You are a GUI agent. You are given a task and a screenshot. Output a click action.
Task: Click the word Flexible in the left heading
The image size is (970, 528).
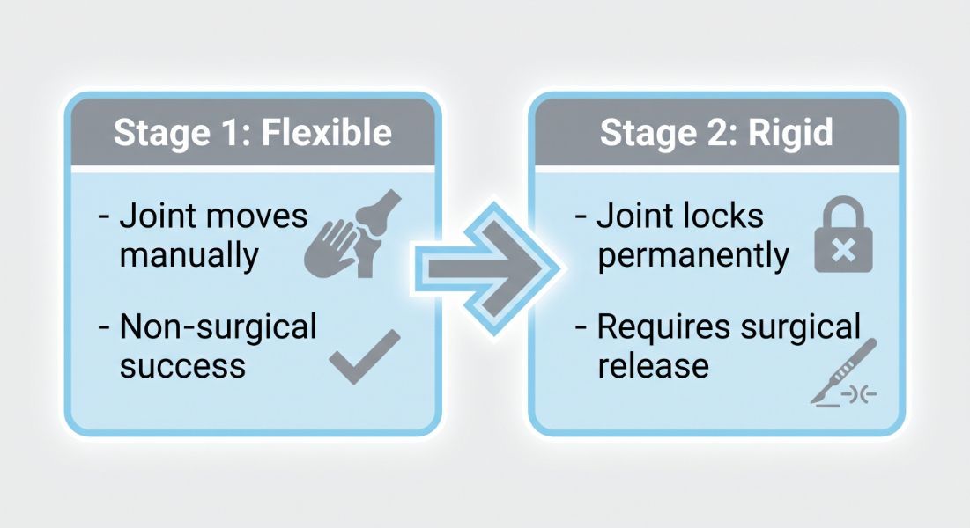327,132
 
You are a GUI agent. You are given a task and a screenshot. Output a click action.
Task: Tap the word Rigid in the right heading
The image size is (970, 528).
790,133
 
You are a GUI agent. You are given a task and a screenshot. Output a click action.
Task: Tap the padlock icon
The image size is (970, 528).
843,234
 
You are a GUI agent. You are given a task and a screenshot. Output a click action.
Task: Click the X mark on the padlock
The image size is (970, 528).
843,250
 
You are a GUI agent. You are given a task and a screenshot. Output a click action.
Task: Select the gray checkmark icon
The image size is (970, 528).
365,356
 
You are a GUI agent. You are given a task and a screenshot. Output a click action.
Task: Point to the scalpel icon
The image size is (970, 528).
843,372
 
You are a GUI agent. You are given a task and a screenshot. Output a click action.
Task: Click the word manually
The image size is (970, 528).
189,255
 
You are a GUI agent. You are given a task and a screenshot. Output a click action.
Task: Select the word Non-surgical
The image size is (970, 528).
218,326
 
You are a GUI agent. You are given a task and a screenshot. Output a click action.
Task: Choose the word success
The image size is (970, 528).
182,366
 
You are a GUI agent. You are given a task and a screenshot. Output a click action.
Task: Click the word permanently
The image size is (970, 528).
692,255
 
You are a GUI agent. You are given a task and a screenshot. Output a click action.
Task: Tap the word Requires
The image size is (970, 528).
664,327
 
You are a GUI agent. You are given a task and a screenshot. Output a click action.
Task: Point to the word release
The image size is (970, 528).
653,365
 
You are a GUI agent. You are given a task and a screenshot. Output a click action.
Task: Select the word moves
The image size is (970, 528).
256,217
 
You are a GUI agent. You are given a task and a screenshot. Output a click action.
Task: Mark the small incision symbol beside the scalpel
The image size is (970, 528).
860,394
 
